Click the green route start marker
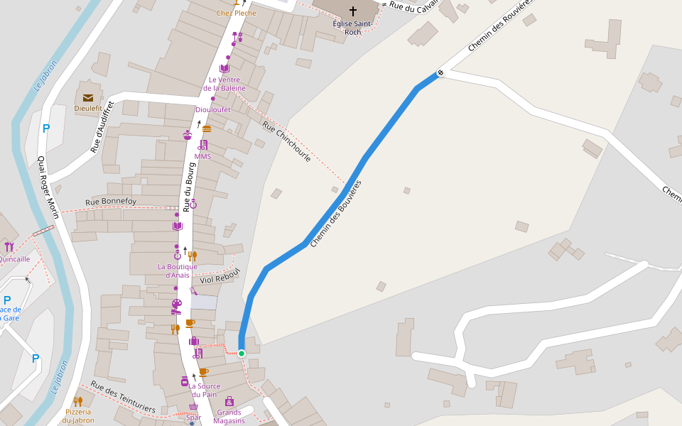tap(242, 354)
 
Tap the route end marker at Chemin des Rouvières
tap(440, 72)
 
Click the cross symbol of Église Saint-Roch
tap(353, 11)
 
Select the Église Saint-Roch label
tap(352, 28)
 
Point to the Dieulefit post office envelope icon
tap(88, 98)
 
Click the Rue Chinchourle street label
tap(286, 141)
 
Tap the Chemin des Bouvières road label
tap(336, 214)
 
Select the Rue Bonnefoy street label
tap(111, 202)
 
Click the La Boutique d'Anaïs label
tap(177, 271)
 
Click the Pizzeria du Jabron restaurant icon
tap(77, 401)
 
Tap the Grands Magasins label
tap(229, 416)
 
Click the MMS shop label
tap(202, 156)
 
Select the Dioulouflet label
tap(213, 109)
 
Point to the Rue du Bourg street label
tap(189, 187)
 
